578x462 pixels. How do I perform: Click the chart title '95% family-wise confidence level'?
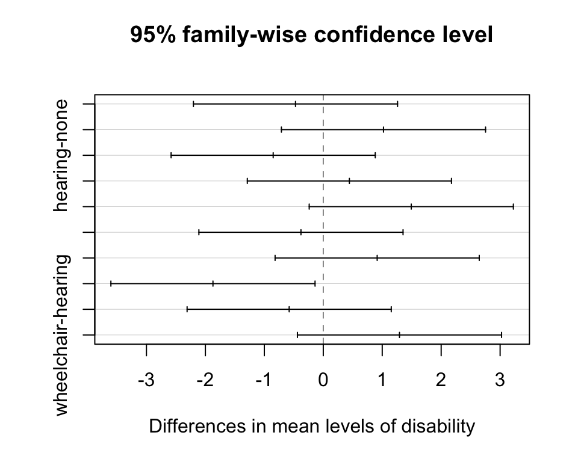click(x=312, y=35)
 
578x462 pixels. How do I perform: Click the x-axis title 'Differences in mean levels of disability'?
click(x=312, y=427)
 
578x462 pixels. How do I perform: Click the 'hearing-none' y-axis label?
click(x=61, y=156)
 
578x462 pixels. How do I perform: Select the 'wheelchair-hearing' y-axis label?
click(x=61, y=334)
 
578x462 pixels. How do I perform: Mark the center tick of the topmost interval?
click(x=296, y=104)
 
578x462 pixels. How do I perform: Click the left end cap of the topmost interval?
click(x=193, y=104)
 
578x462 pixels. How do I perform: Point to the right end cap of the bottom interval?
click(x=502, y=334)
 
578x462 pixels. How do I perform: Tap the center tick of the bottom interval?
click(x=399, y=334)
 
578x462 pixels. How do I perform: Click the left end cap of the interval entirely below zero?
click(x=111, y=283)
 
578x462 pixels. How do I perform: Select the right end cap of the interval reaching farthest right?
click(x=513, y=206)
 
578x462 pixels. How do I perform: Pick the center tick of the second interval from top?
click(x=384, y=129)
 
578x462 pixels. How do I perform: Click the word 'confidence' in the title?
click(x=358, y=35)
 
